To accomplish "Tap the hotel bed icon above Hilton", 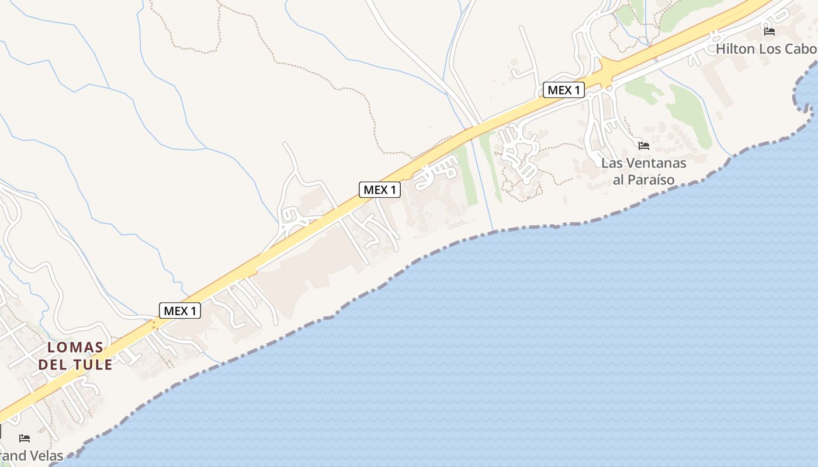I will click(x=770, y=31).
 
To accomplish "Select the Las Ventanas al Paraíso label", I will click(x=644, y=171).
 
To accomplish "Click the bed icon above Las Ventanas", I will click(x=644, y=145).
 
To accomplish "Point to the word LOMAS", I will click(x=75, y=347).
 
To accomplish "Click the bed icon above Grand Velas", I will click(x=25, y=438).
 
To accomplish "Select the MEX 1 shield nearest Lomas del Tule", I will click(x=180, y=311).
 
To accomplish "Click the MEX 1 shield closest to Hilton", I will click(x=564, y=90).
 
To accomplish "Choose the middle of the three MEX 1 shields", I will click(x=380, y=190).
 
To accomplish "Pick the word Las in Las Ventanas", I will click(x=611, y=162).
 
